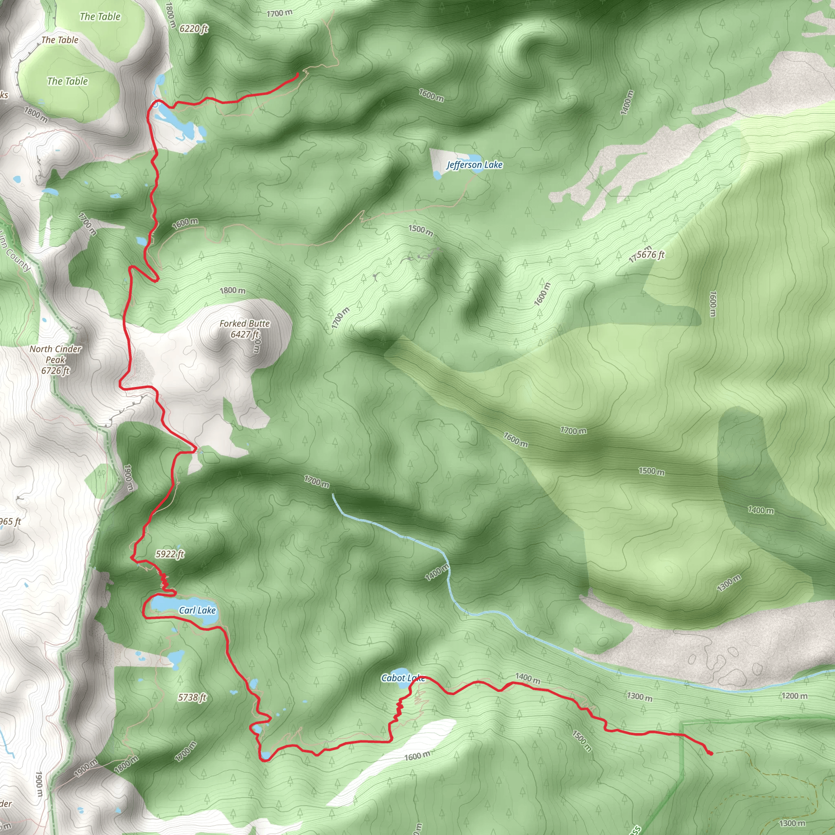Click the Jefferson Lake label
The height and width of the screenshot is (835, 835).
474,165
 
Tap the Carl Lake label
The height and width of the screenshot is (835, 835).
197,610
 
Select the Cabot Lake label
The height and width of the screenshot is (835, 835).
402,678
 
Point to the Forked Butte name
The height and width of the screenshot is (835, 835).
244,323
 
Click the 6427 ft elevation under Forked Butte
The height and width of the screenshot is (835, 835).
244,334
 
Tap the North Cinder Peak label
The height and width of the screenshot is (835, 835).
55,354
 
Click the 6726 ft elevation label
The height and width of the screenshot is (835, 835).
55,370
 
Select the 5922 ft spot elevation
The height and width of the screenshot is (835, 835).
170,554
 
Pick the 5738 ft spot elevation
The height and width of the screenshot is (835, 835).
192,698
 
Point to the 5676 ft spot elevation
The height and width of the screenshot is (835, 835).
650,254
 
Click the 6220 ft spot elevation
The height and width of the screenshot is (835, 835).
194,29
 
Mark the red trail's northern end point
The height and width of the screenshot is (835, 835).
297,74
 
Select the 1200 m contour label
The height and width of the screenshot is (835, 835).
794,696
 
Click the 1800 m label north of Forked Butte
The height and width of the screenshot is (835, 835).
232,290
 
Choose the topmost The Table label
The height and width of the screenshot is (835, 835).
100,16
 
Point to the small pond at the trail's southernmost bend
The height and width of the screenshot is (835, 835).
265,755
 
